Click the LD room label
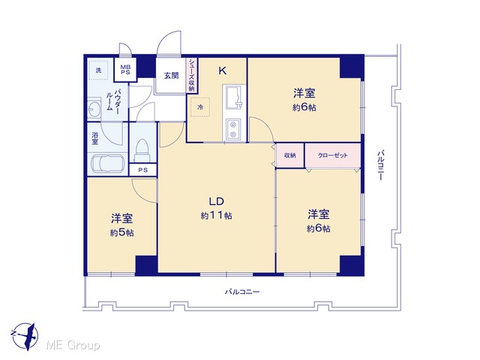(217, 202)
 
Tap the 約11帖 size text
(217, 216)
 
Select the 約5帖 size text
(121, 233)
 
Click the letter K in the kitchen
(223, 71)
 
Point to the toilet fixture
(142, 150)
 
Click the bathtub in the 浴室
(108, 165)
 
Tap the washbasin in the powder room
(94, 108)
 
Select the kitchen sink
(234, 97)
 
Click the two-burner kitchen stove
(233, 129)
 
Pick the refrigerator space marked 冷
(200, 107)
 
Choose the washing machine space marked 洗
(98, 70)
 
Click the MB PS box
(125, 70)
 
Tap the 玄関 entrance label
(172, 75)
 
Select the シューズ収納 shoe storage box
(192, 75)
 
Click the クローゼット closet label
(333, 155)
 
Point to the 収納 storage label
(290, 155)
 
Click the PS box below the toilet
(143, 170)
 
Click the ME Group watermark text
(73, 346)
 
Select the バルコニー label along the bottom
(242, 292)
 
